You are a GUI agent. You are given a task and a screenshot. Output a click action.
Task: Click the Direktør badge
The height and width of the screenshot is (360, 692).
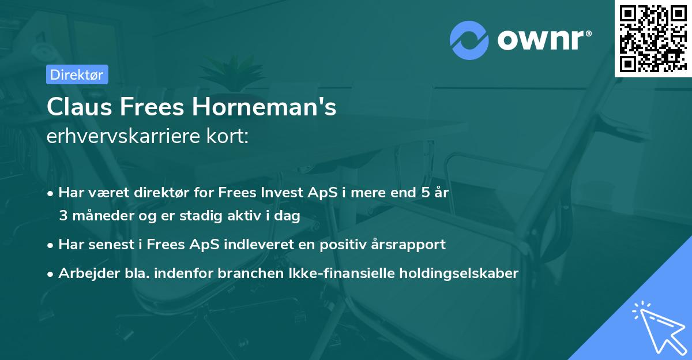tap(76, 74)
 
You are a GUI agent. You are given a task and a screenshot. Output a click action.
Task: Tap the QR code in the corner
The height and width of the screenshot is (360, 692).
tap(653, 39)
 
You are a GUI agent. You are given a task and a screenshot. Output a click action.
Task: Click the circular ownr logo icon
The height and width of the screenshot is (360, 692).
tap(469, 40)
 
